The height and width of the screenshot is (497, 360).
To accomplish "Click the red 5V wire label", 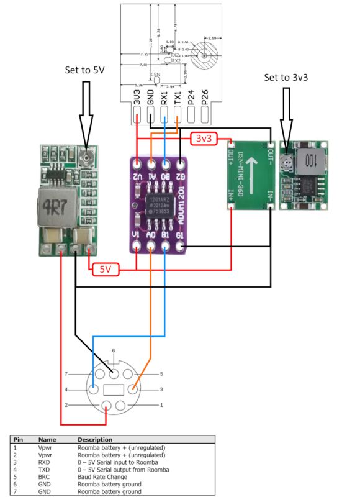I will (x=102, y=269).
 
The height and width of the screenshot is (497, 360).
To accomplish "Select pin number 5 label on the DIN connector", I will (x=161, y=374).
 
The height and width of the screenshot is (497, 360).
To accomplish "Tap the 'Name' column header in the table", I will (x=46, y=438).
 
